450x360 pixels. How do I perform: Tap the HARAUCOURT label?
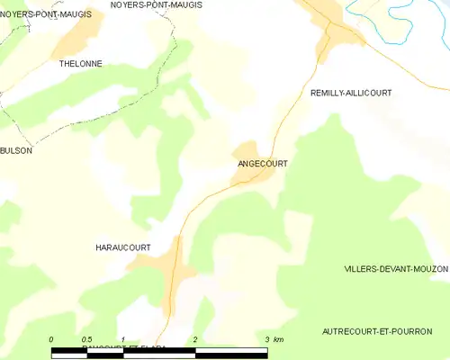pyautogui.click(x=121, y=247)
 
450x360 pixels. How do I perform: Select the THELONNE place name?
pyautogui.click(x=80, y=64)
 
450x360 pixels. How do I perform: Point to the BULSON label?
pyautogui.click(x=16, y=151)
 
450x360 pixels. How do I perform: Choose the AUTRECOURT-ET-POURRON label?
pyautogui.click(x=376, y=332)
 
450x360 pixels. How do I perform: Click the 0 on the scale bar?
pyautogui.click(x=52, y=339)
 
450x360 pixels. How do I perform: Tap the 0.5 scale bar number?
pyautogui.click(x=86, y=339)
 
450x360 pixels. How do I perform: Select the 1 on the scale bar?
pyautogui.click(x=122, y=339)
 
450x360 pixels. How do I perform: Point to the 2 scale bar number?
pyautogui.click(x=194, y=339)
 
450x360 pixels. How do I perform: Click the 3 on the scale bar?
pyautogui.click(x=265, y=339)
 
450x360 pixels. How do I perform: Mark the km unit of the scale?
pyautogui.click(x=279, y=339)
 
